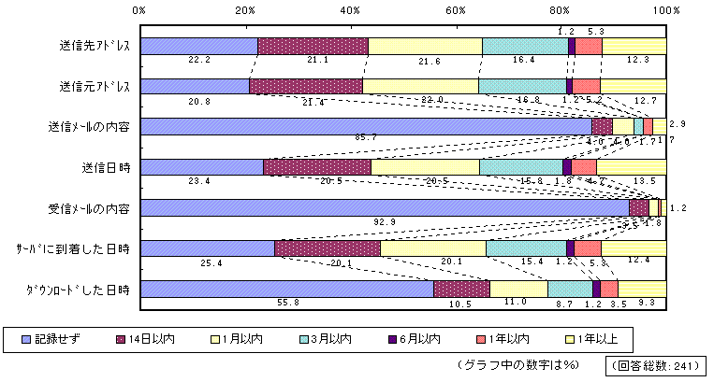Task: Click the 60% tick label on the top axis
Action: tap(456, 9)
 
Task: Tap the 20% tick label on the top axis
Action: tap(245, 9)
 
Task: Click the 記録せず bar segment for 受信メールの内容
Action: tap(384, 207)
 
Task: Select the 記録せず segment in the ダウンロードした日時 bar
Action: tap(286, 289)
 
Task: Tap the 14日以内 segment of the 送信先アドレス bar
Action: tap(313, 46)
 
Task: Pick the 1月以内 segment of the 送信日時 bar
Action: tap(425, 167)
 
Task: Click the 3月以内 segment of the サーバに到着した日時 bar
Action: tap(526, 248)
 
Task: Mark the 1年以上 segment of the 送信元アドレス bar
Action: tap(633, 86)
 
